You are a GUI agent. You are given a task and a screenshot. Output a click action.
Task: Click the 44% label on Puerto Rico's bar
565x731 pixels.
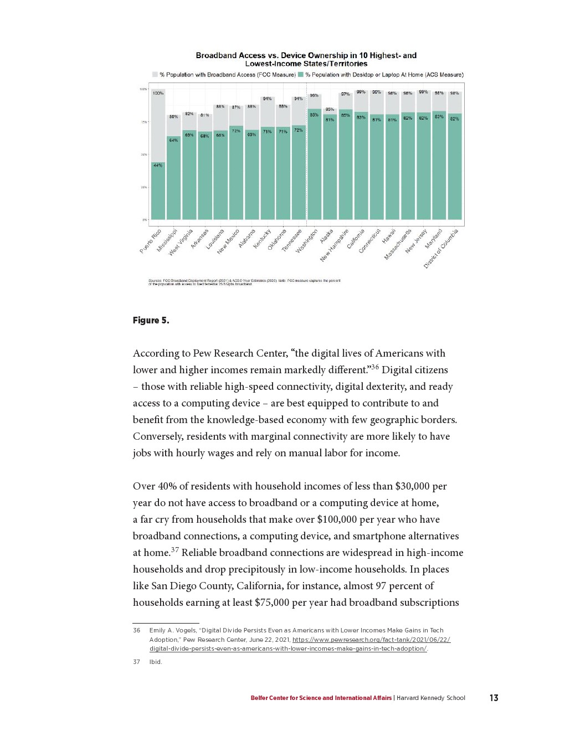(x=158, y=165)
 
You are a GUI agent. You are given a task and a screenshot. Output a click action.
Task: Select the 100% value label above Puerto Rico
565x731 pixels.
(x=158, y=94)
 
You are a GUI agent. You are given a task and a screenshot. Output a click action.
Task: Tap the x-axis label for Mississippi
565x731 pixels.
(x=167, y=240)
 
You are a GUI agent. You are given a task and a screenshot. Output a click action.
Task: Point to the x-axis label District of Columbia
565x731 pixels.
(x=441, y=249)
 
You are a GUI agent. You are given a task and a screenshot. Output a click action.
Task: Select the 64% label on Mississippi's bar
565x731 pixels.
(x=173, y=140)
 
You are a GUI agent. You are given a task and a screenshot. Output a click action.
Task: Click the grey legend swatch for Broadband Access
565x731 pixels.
(x=155, y=74)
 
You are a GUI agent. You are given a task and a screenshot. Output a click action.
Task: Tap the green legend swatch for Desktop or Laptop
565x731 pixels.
(x=301, y=74)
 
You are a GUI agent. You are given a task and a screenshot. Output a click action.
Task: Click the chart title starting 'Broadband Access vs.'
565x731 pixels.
(x=306, y=59)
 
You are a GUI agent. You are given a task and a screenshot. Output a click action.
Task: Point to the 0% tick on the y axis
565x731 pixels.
(x=145, y=220)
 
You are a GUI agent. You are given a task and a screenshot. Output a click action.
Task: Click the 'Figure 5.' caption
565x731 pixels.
(x=151, y=321)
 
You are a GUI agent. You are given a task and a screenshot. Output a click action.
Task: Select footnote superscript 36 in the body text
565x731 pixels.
(x=374, y=367)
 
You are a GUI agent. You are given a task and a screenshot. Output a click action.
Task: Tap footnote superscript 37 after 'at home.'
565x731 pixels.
(x=174, y=549)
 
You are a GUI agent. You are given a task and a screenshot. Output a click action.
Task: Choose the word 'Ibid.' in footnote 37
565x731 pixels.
(x=156, y=662)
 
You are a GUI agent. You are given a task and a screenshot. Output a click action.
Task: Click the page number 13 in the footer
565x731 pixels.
(x=494, y=698)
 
